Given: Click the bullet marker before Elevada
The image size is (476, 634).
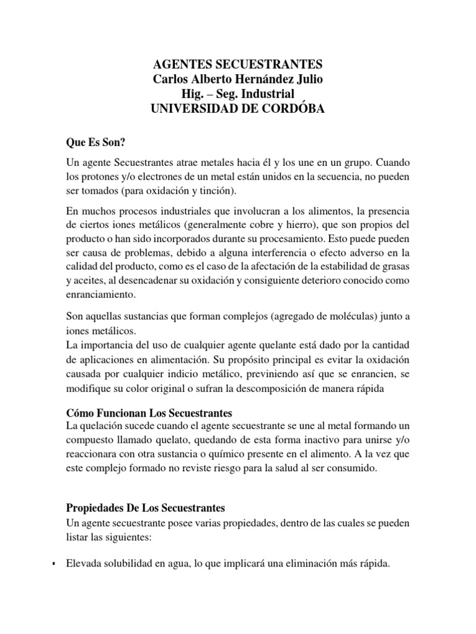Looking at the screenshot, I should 54,564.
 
